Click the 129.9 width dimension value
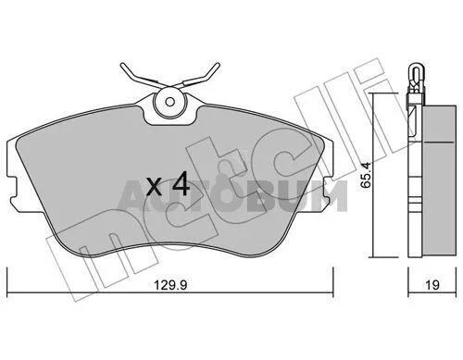click(x=170, y=285)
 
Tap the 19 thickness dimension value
click(x=432, y=285)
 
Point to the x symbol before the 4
click(x=154, y=188)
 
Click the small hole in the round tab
click(x=169, y=102)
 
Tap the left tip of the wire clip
click(x=121, y=65)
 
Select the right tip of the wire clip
click(x=218, y=65)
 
